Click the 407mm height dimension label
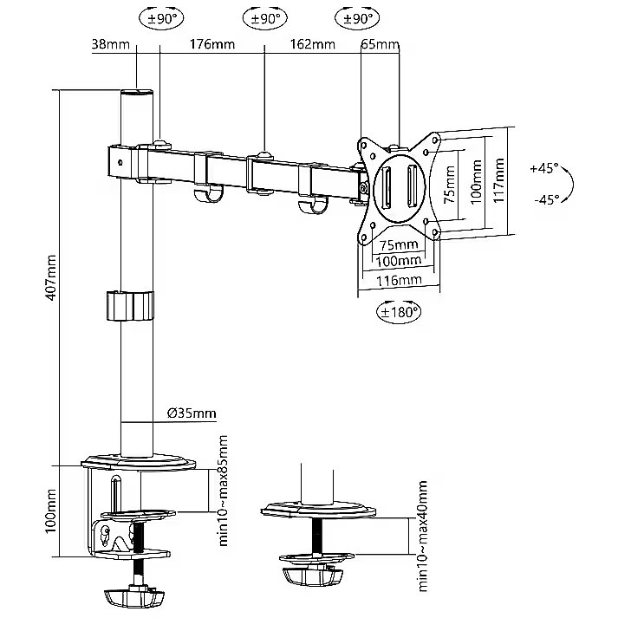[52, 277]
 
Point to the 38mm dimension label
[105, 45]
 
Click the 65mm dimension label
[379, 45]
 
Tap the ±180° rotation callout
[398, 309]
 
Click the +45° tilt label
[544, 168]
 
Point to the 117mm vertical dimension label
[498, 179]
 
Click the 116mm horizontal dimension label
[400, 279]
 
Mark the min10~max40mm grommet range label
[423, 534]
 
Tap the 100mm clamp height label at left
[51, 511]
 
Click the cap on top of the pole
[136, 91]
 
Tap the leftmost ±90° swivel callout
[159, 17]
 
